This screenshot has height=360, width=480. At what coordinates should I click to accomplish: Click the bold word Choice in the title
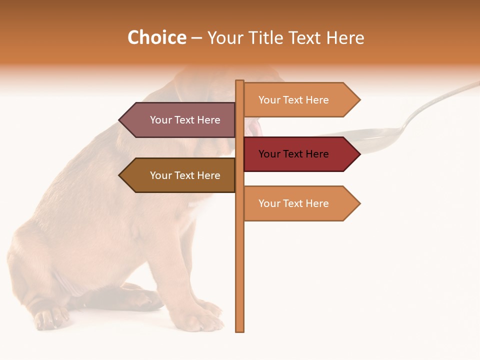click(156, 37)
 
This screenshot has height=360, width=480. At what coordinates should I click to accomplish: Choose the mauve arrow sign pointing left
click(180, 120)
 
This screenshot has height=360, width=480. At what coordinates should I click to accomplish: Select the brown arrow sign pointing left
click(180, 175)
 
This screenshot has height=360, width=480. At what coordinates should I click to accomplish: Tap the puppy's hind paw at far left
click(50, 317)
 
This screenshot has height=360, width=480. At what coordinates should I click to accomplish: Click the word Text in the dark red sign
click(293, 154)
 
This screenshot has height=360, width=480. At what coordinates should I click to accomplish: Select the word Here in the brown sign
click(208, 175)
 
